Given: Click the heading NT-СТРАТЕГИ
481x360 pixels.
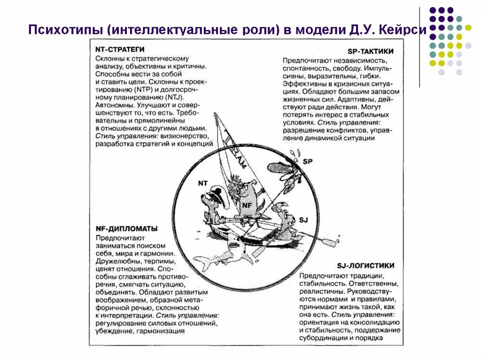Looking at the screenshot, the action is pos(119,49).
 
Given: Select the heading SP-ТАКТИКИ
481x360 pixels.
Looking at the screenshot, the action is pos(371,52).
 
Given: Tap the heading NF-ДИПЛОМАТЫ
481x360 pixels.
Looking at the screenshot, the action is pos(126,229).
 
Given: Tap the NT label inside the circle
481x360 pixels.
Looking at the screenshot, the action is pos(203,184).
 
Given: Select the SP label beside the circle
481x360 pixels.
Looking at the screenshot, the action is pos(307,161).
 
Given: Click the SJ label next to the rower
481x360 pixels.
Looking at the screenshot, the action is pos(303,219).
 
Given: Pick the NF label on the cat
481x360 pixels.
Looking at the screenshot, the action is pos(247,205).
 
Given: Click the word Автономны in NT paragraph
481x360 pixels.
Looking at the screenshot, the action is pos(113,105).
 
